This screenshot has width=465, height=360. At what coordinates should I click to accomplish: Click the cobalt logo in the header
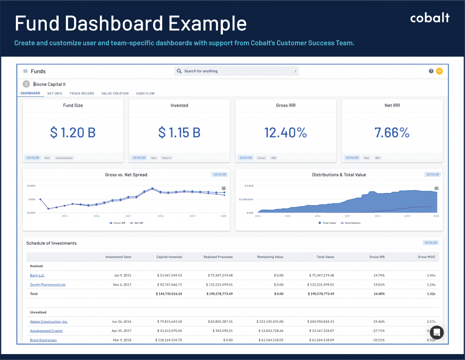pyautogui.click(x=430, y=18)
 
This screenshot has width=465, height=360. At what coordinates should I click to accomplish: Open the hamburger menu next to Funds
pyautogui.click(x=25, y=71)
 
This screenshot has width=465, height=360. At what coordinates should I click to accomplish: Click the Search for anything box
pyautogui.click(x=236, y=71)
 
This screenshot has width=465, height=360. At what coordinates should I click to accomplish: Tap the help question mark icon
pyautogui.click(x=431, y=71)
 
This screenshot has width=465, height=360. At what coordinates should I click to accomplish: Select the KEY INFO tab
pyautogui.click(x=54, y=94)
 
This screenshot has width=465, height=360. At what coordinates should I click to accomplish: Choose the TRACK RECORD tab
pyautogui.click(x=82, y=94)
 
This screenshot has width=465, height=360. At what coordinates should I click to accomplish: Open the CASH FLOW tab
pyautogui.click(x=145, y=94)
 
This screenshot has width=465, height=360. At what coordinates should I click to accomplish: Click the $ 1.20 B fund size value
pyautogui.click(x=73, y=133)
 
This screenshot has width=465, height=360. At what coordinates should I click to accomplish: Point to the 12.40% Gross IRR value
pyautogui.click(x=286, y=133)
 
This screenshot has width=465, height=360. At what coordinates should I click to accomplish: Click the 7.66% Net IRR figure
pyautogui.click(x=392, y=133)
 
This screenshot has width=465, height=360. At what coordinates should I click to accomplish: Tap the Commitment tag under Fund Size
pyautogui.click(x=64, y=158)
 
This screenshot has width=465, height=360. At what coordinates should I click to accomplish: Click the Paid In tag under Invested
pyautogui.click(x=167, y=158)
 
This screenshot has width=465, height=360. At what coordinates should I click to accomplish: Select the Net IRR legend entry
pyautogui.click(x=138, y=223)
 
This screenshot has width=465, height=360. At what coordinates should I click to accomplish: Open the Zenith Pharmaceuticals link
pyautogui.click(x=48, y=285)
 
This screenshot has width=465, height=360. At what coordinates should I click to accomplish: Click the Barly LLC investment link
pyautogui.click(x=37, y=275)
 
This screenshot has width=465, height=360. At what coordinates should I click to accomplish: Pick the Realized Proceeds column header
pyautogui.click(x=218, y=257)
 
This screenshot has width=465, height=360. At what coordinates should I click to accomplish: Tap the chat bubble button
pyautogui.click(x=436, y=332)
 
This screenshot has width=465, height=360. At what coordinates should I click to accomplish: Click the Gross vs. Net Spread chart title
pyautogui.click(x=126, y=175)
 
